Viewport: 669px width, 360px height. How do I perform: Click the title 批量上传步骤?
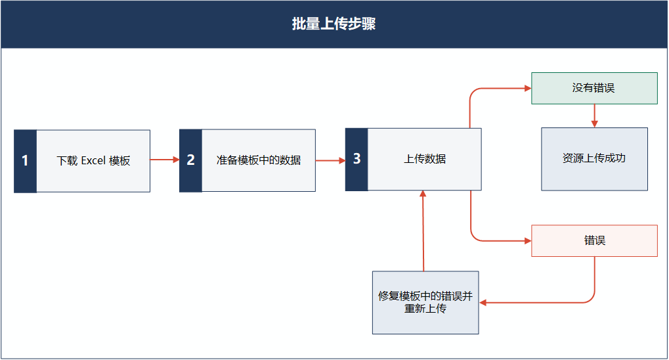(334, 24)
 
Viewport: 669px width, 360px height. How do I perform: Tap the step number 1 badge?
(25, 161)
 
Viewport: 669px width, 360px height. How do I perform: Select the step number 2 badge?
(190, 160)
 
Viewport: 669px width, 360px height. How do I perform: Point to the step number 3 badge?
(356, 159)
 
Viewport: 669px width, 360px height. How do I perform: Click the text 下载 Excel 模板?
(93, 161)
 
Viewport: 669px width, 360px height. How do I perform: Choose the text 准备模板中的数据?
(259, 160)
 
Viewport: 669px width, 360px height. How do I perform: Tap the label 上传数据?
(425, 159)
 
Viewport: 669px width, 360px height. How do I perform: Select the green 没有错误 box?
(594, 89)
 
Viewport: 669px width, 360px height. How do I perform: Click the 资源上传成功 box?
(594, 159)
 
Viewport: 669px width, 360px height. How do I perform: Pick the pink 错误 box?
(594, 241)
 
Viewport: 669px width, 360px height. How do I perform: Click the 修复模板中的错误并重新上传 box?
(425, 302)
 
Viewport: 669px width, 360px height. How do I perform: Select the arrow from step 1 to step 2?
(165, 160)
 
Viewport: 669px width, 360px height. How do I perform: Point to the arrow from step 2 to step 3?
(330, 160)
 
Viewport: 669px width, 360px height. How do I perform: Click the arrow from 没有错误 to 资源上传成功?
(594, 116)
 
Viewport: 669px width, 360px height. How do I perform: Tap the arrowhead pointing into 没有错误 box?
(528, 89)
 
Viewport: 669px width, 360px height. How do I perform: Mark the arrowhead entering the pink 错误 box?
(528, 241)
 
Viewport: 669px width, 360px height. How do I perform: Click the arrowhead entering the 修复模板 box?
(483, 303)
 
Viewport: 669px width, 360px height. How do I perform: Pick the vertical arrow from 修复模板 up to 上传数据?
(423, 231)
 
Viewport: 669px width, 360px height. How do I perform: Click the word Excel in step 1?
(93, 161)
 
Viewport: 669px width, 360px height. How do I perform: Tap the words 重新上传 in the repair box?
(425, 308)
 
